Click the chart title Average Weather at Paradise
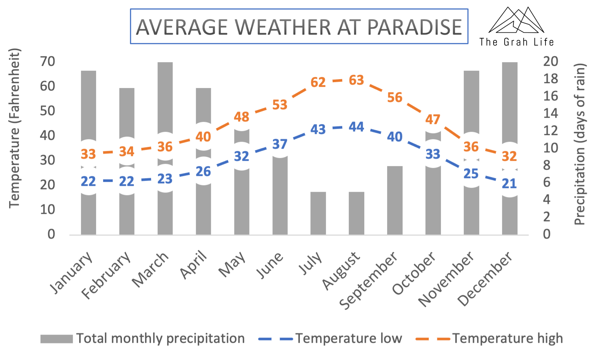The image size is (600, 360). pos(299,27)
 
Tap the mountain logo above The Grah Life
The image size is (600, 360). pos(516,20)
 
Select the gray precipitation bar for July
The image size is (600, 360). pos(318,213)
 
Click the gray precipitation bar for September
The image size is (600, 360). pos(395,201)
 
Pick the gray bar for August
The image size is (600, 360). pos(357,213)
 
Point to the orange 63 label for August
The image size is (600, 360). pos(357,80)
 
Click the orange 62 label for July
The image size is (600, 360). pos(318,82)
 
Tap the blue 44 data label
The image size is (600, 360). pos(357,127)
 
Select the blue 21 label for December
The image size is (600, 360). pos(509,184)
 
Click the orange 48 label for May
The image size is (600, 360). pos(242,117)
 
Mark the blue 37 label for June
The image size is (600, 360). pos(280,144)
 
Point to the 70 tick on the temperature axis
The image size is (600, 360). pos(48,61)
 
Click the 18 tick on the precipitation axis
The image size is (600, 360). pos(551,79)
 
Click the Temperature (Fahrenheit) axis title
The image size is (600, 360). pos(14,128)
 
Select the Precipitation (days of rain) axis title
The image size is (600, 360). pos(580,144)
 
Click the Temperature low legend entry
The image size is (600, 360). pos(330,338)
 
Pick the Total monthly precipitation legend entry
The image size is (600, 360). pos(143,339)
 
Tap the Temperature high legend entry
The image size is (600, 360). pos(489,339)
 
